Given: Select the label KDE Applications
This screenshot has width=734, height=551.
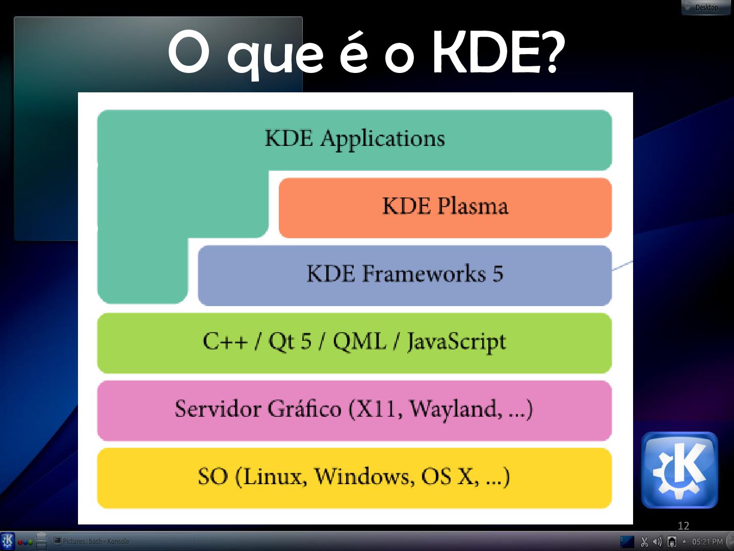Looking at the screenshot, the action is (x=355, y=139).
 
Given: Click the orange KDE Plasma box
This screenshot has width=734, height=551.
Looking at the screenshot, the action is (x=445, y=207).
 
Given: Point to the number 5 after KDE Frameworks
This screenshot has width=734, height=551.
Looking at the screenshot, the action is (x=497, y=274).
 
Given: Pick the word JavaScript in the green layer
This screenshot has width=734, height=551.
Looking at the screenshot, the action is (x=456, y=342).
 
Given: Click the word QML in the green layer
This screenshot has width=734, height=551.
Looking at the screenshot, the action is (x=359, y=341).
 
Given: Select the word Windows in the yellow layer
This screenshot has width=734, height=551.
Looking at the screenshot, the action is (x=364, y=477).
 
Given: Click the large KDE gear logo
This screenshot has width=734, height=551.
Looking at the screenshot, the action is (x=679, y=470).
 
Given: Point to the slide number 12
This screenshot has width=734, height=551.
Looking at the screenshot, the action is (x=683, y=525).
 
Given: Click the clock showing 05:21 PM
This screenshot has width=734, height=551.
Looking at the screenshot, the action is (x=707, y=541).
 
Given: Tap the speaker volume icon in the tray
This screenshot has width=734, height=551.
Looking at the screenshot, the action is (x=658, y=541).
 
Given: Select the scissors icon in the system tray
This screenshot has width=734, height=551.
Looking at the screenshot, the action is (x=644, y=541).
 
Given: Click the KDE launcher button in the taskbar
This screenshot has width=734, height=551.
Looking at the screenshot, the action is (x=8, y=541).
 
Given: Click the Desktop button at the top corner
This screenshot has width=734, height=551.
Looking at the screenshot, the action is (x=706, y=7).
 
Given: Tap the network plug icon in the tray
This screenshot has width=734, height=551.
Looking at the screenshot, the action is (x=672, y=541).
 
